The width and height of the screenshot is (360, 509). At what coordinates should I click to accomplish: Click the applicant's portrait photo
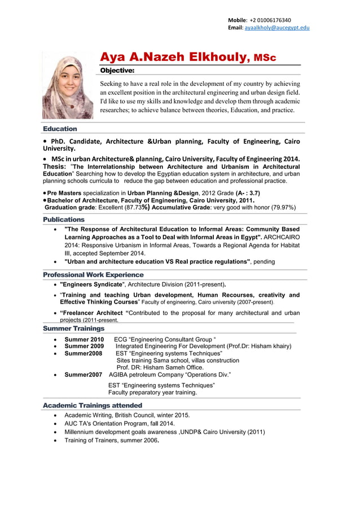67,86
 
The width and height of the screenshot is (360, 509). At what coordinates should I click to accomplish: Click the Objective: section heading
117,71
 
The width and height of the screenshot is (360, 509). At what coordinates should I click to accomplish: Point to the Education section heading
60,129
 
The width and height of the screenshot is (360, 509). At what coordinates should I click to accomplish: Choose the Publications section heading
64,219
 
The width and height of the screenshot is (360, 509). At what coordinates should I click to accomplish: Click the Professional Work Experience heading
93,274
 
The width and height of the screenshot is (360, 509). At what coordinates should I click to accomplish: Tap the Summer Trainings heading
73,328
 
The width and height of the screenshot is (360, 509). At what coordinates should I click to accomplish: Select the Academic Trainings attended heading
93,405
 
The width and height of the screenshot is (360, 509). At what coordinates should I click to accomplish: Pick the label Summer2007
83,374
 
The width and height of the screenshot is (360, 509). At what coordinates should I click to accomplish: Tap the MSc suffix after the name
265,58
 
